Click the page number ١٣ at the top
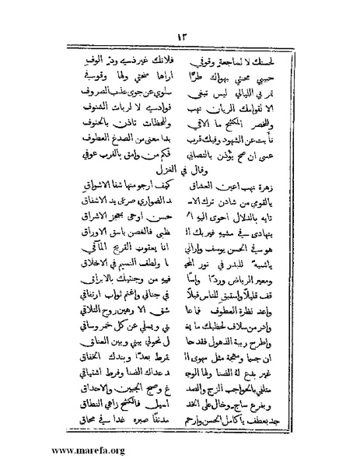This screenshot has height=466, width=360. coord(180,36)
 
